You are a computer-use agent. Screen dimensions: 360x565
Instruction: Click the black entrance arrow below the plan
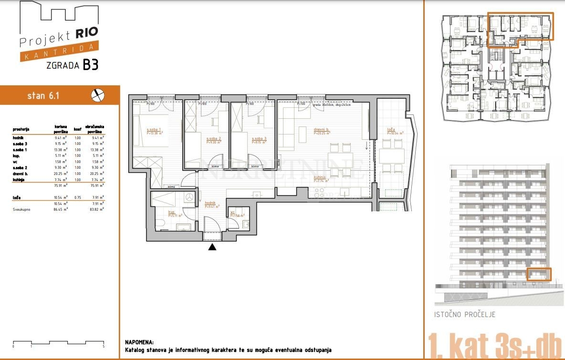pyautogui.click(x=212, y=247)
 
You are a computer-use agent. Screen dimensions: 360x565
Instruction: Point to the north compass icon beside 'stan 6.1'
pyautogui.click(x=97, y=95)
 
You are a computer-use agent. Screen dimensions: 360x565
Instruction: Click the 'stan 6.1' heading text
pyautogui.click(x=43, y=96)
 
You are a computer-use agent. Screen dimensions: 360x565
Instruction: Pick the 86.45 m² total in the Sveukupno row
pyautogui.click(x=60, y=209)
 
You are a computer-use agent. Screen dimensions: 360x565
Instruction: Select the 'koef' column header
pyautogui.click(x=77, y=129)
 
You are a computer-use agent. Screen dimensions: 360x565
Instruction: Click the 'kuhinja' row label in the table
pyautogui.click(x=19, y=180)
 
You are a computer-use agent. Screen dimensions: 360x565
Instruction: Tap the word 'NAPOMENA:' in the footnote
pyautogui.click(x=139, y=342)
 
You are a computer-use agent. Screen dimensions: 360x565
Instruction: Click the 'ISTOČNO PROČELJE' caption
pyautogui.click(x=464, y=315)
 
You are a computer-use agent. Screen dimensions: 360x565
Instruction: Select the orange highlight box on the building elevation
pyautogui.click(x=539, y=274)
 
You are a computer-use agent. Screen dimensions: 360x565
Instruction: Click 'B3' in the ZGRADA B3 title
pyautogui.click(x=91, y=65)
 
